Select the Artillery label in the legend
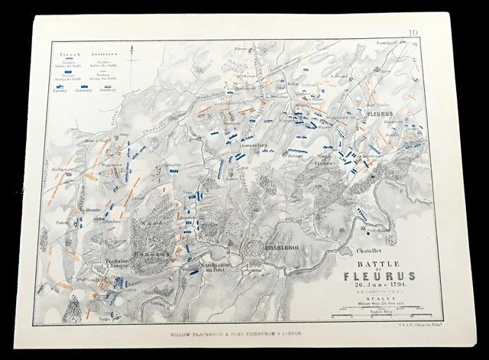[110, 89]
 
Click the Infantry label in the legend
[86, 89]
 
